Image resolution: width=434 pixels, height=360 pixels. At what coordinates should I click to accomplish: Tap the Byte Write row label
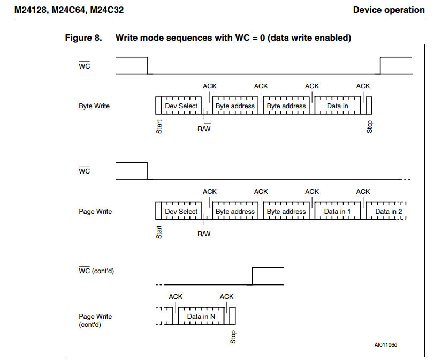click(94, 106)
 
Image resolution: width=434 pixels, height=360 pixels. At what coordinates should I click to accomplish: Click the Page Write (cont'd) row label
click(95, 320)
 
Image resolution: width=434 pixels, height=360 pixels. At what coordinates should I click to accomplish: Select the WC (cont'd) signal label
click(96, 271)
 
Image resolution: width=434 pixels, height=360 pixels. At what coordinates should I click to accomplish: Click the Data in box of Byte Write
click(337, 106)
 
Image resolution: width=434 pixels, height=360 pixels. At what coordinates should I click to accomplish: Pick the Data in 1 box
click(337, 212)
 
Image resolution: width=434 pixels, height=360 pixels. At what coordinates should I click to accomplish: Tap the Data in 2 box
click(388, 212)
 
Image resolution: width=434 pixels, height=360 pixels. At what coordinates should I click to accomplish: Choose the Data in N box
click(201, 317)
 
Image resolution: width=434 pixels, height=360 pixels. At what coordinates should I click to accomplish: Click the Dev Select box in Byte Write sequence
click(181, 106)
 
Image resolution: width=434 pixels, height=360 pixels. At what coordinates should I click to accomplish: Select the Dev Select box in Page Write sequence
click(181, 212)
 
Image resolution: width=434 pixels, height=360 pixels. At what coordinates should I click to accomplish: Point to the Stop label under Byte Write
click(370, 127)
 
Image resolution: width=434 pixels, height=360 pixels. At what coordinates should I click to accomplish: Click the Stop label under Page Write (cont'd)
click(233, 337)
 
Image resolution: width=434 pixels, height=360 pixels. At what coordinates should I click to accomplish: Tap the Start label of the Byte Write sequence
click(159, 126)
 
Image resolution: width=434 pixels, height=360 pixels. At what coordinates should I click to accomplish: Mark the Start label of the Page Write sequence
click(159, 232)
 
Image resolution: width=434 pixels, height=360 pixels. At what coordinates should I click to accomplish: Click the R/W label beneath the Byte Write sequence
click(204, 129)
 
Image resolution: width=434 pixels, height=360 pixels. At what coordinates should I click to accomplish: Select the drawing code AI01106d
click(386, 345)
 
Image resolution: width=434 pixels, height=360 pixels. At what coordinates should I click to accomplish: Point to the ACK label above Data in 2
click(363, 192)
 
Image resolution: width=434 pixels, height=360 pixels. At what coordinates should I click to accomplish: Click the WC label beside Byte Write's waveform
click(85, 66)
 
